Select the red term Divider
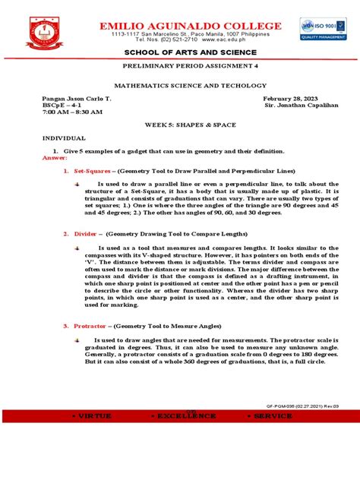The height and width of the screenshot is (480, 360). click(x=85, y=235)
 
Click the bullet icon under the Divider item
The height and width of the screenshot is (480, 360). click(x=79, y=248)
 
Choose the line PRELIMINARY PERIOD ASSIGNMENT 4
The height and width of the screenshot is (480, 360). click(x=179, y=66)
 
